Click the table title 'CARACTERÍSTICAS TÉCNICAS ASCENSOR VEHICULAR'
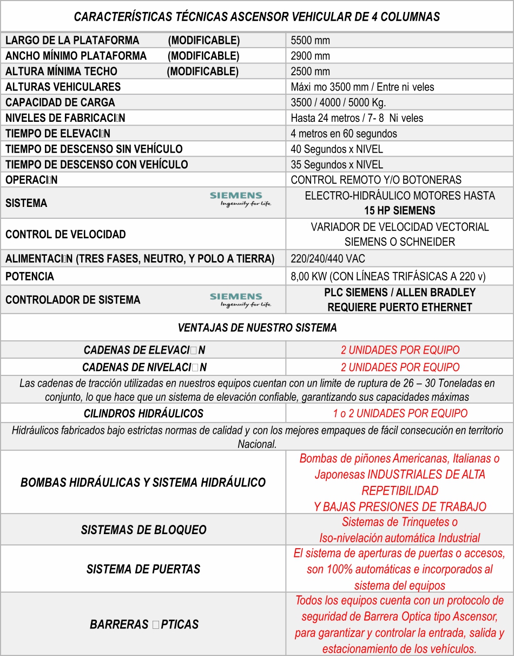pos(256,17)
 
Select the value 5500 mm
pos(310,41)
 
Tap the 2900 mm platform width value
pos(310,56)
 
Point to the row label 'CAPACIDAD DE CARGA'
pos(60,102)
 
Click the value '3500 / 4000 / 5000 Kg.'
pos(338,102)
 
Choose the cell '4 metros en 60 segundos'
pos(344,133)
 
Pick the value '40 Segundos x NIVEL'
pos(337,149)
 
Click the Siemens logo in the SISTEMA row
pos(240,199)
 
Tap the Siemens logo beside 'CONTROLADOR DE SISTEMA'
pos(240,300)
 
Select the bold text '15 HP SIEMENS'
pos(399,211)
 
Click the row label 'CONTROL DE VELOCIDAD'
pos(65,235)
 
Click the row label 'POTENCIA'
pos(30,277)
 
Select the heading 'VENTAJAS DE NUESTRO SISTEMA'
pos(257,328)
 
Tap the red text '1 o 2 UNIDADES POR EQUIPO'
pos(400,414)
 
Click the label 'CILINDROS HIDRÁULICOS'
pos(143,414)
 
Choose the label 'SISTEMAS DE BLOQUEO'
pos(143,530)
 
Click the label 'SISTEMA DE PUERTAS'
pos(143,569)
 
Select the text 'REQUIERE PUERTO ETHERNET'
pos(399,307)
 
